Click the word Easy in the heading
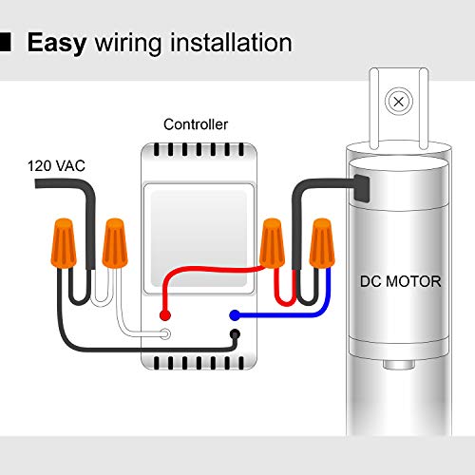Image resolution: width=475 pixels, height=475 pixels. [57, 43]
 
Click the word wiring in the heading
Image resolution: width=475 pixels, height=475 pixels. [128, 44]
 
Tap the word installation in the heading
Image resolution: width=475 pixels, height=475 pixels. [231, 43]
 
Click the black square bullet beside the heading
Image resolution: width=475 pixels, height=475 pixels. [6, 42]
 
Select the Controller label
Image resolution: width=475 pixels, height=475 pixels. [196, 124]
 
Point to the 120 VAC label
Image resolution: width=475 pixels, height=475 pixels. [56, 166]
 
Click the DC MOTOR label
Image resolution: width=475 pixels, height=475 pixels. [400, 281]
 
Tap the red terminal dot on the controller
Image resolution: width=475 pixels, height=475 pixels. [165, 315]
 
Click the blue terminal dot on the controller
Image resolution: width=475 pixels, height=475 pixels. [235, 315]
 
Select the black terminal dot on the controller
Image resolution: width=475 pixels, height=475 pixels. [235, 334]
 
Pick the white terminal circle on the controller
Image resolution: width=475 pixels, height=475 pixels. [165, 334]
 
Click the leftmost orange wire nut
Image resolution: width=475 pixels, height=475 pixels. [64, 243]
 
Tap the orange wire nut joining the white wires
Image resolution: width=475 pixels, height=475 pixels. [115, 243]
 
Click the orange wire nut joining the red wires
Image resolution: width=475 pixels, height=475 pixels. [272, 243]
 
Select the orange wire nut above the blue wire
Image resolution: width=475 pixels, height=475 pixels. [322, 243]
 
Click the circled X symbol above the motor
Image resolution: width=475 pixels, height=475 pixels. [399, 102]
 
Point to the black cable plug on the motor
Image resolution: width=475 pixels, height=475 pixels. [361, 188]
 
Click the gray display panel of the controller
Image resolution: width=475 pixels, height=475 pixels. [199, 238]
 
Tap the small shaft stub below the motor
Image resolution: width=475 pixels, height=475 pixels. [399, 365]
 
